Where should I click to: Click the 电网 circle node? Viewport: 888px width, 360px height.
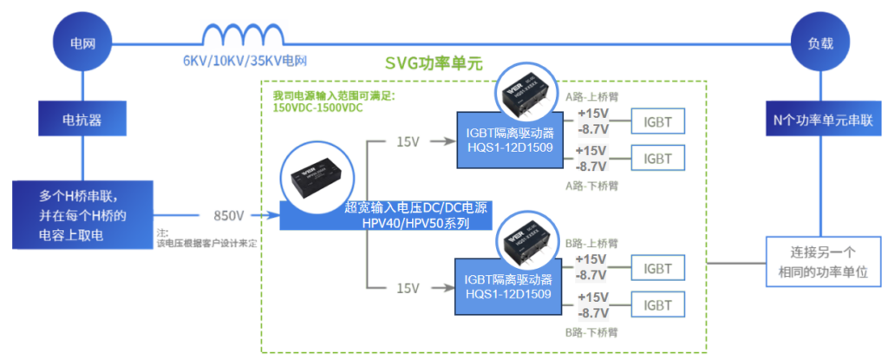pos(82,41)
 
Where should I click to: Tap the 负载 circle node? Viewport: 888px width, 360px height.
pos(819,41)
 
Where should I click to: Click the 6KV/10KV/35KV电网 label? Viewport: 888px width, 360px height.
pos(245,62)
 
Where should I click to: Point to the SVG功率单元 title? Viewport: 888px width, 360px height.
pos(433,64)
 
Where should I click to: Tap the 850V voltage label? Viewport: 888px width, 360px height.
pos(229,214)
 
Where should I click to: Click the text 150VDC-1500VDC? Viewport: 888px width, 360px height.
pos(317,108)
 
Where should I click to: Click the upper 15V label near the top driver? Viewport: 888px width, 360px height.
pos(408,141)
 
